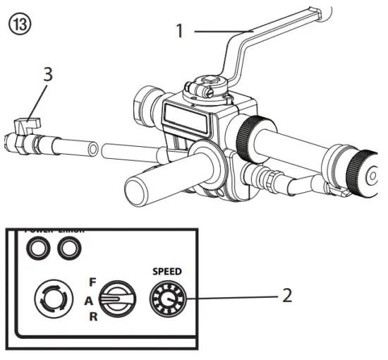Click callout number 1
(180, 31)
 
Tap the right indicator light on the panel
(68, 248)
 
